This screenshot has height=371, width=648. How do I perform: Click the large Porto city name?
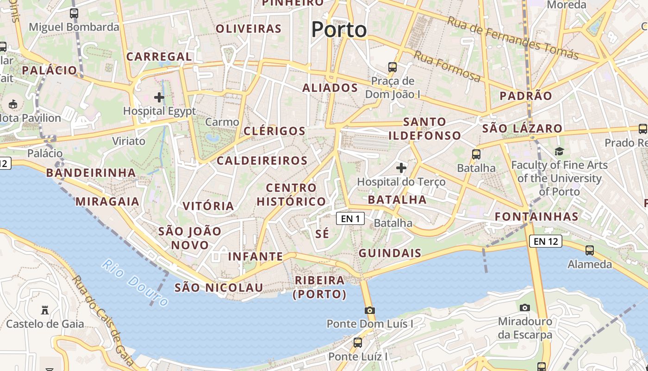(339, 30)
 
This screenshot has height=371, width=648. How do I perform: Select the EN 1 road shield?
(350, 218)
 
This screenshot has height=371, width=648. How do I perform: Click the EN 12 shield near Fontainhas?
(545, 241)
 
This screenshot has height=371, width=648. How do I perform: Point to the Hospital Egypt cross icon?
(159, 97)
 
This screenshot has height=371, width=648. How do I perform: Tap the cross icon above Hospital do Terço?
(401, 168)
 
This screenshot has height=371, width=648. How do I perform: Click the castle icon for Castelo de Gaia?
(45, 310)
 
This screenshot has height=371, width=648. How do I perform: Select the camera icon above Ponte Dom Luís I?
(369, 310)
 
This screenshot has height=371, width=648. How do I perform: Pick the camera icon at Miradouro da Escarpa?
(524, 307)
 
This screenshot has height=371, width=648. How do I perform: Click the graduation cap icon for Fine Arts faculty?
(559, 151)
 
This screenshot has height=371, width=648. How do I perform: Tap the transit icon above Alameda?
(590, 250)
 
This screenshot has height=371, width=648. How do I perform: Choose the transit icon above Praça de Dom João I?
(393, 67)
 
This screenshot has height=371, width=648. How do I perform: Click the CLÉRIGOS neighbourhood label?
(274, 131)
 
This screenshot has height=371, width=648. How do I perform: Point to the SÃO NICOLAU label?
(218, 288)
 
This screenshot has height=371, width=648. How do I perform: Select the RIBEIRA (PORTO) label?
(320, 287)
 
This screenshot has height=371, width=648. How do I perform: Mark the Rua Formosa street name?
(447, 66)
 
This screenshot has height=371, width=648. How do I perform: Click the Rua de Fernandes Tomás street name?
(513, 38)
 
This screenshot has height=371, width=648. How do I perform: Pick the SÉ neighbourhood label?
(322, 234)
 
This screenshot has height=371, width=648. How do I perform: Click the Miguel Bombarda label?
(74, 27)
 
